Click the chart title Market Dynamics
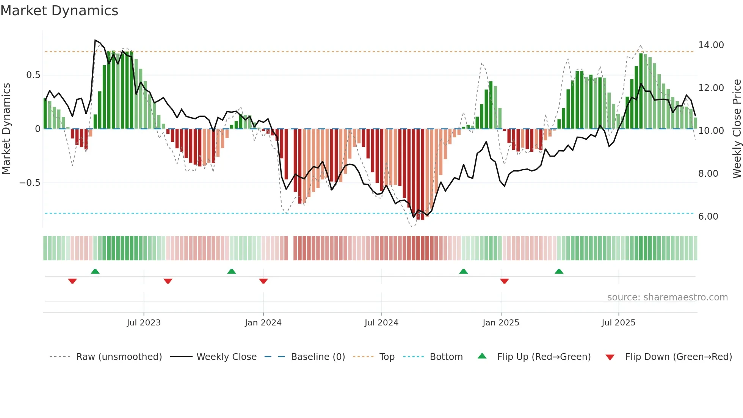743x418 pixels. pos(59,11)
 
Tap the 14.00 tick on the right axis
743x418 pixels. pos(711,45)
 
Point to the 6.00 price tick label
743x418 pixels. pos(708,217)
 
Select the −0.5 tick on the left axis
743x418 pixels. pos(30,183)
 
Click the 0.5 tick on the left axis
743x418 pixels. pos(33,75)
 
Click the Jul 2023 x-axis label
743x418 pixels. pos(144,323)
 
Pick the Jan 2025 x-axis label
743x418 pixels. pos(501,323)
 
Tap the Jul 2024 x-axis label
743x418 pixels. pos(381,323)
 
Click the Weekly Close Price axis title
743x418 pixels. pos(737,129)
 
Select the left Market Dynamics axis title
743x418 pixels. pos(6,129)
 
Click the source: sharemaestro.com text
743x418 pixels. pos(667,297)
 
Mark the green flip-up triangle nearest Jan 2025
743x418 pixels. pos(463,272)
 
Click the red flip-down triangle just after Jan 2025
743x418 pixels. pos(504,281)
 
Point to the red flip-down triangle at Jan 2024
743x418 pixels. pos(263,281)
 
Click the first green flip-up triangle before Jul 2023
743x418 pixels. pos(95,272)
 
